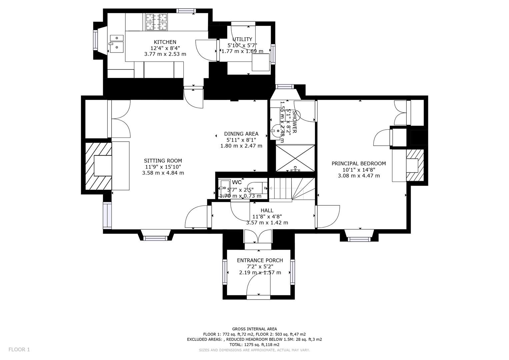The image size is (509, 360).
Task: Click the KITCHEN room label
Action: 165,42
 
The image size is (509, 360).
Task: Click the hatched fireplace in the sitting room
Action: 98,166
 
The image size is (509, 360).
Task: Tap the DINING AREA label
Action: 241,134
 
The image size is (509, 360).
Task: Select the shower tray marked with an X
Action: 295,158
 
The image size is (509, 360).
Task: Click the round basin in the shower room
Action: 276,130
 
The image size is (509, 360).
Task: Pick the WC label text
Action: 237,182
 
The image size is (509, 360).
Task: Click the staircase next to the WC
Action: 292,189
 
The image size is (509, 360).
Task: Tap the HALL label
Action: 267,210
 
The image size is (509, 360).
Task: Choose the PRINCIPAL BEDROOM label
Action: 359,163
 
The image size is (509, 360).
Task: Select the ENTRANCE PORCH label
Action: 260,260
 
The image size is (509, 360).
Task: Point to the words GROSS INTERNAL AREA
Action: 254,329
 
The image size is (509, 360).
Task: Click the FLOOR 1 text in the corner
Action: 19,349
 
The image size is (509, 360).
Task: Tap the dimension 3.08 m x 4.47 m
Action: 359,176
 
